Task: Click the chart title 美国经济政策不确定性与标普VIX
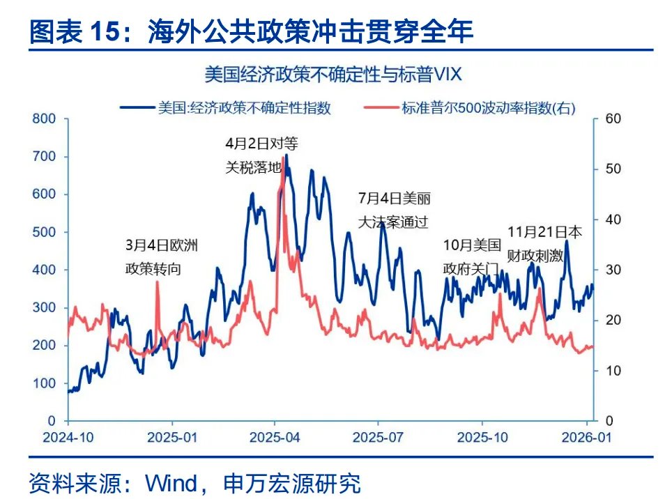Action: (x=333, y=73)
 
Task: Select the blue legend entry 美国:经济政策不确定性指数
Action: (x=225, y=107)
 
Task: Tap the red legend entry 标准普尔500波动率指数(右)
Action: (x=473, y=107)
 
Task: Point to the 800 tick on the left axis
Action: (x=44, y=118)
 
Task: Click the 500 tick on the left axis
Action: (x=44, y=232)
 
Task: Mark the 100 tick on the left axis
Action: (x=44, y=383)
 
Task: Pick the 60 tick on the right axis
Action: (x=613, y=119)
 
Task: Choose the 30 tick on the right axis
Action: (x=613, y=270)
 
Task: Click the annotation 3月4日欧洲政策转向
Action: (x=162, y=256)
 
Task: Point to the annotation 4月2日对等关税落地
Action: (x=261, y=155)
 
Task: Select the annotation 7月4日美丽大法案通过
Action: (x=393, y=210)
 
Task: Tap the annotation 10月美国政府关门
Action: (x=472, y=256)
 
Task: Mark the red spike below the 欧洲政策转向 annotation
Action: (x=157, y=283)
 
